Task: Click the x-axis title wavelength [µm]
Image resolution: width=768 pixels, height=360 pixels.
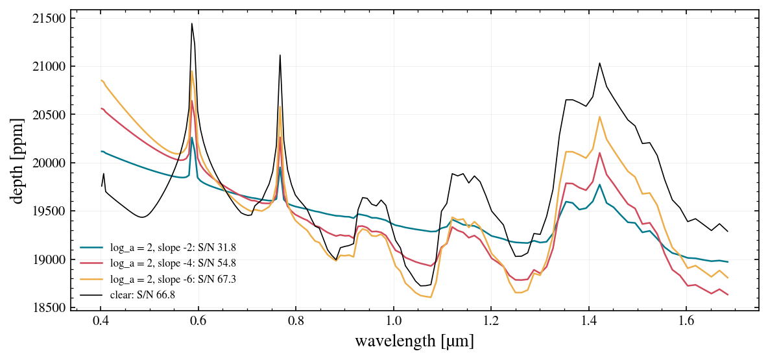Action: click(x=414, y=341)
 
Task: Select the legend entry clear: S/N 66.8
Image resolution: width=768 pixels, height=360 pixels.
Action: click(x=145, y=294)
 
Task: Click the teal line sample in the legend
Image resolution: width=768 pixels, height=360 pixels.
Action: click(x=92, y=247)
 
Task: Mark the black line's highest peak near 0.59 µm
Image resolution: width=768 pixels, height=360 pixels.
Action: click(x=192, y=23)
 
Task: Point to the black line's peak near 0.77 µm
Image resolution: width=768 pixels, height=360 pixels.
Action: click(x=280, y=55)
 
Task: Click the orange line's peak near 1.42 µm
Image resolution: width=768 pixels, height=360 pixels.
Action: click(x=599, y=117)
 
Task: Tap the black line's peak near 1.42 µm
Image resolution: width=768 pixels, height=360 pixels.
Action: click(x=599, y=63)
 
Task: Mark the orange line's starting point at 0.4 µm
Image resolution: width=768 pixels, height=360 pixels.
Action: click(x=101, y=80)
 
